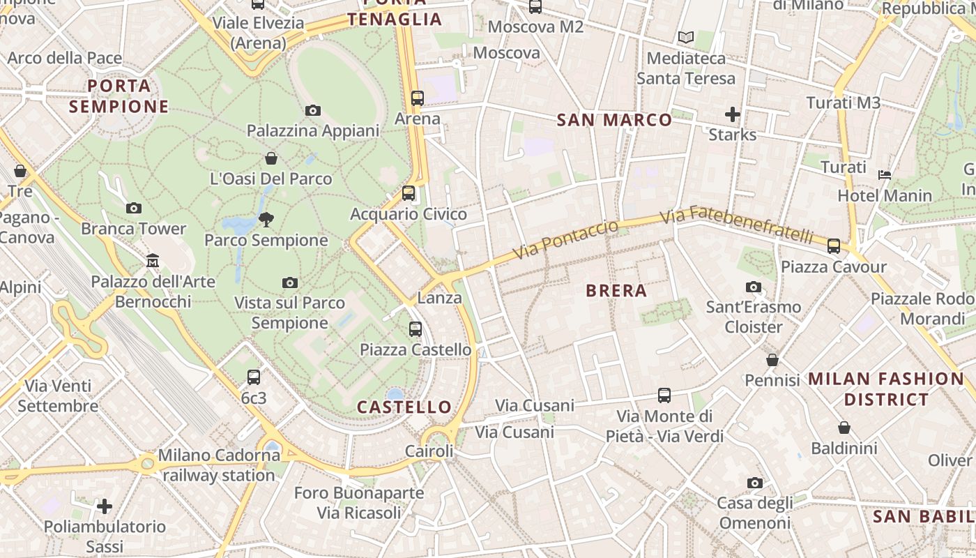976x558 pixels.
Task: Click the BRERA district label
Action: (616, 291)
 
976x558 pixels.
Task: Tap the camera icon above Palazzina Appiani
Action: (313, 110)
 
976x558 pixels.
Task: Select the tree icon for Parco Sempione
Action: (266, 220)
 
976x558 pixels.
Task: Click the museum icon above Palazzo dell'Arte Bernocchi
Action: (153, 261)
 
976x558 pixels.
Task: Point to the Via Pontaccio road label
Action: (565, 239)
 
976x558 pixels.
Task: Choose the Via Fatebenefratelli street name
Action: (736, 224)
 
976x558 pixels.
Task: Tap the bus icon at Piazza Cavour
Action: (834, 246)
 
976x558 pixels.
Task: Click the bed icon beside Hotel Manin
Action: (885, 174)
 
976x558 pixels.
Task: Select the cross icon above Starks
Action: (733, 114)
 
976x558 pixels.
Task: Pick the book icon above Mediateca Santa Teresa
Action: (686, 38)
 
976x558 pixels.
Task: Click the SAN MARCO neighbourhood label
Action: (615, 120)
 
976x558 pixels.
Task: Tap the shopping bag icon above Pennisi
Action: (772, 360)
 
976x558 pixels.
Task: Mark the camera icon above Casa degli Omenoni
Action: (754, 483)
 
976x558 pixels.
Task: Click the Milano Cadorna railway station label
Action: (219, 465)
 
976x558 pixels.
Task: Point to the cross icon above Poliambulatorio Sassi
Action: (105, 506)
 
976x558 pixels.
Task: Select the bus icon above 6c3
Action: (254, 377)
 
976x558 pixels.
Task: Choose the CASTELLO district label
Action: (404, 407)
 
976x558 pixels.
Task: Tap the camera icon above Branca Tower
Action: (134, 208)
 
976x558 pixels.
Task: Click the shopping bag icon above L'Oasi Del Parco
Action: (271, 158)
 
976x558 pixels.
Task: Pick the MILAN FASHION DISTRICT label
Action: (886, 389)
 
